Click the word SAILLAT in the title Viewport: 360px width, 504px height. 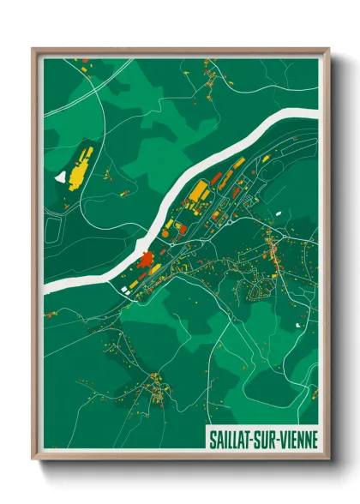pyautogui.click(x=233, y=441)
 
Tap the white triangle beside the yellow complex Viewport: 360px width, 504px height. pyautogui.click(x=60, y=177)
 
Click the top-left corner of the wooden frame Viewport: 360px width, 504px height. pyautogui.click(x=33, y=49)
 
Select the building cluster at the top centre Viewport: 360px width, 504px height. pyautogui.click(x=211, y=81)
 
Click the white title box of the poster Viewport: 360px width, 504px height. pyautogui.click(x=261, y=441)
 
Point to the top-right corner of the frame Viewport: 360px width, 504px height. pyautogui.click(x=328, y=49)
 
